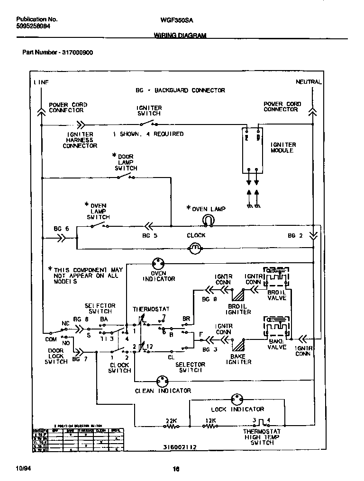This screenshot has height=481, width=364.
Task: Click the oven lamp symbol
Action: [x=207, y=219]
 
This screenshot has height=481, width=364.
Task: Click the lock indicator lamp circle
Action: [x=237, y=399]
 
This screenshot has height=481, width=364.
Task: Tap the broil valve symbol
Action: [x=276, y=279]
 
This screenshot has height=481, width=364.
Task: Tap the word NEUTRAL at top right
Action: [x=309, y=82]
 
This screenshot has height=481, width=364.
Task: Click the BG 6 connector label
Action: [x=61, y=229]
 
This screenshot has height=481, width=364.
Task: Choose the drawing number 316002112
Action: [x=180, y=446]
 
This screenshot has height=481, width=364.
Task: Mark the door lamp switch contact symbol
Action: [x=126, y=178]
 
